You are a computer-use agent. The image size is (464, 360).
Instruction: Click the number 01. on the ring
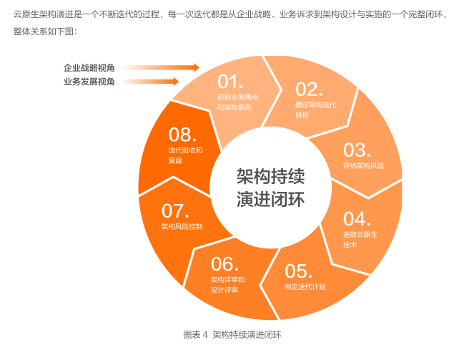point(231,80)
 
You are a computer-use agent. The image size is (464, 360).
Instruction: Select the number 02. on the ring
point(310,89)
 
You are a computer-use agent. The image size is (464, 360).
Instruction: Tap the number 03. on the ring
point(357,150)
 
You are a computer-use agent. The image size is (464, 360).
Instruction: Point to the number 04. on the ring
point(357,218)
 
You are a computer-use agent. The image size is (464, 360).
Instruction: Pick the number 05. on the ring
point(299,271)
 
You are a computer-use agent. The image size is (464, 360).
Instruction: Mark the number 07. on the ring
point(175,210)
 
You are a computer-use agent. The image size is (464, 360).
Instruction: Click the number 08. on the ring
point(182,134)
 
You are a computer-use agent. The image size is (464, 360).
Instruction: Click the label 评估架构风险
point(363,166)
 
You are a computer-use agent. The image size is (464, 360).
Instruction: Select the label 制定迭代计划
point(305,287)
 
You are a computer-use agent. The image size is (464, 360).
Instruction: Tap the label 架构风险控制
point(182,227)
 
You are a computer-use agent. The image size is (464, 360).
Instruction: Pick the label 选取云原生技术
point(360,239)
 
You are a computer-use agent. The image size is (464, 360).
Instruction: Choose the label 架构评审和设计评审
point(227,285)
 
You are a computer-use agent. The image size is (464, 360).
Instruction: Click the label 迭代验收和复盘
point(186,155)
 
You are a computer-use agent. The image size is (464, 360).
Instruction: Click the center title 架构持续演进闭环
point(270,188)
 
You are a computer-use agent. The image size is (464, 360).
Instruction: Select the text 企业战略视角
point(89,68)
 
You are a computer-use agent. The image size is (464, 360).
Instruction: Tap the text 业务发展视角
point(89,82)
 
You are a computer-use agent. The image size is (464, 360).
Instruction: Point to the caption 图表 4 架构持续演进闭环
point(232,334)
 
